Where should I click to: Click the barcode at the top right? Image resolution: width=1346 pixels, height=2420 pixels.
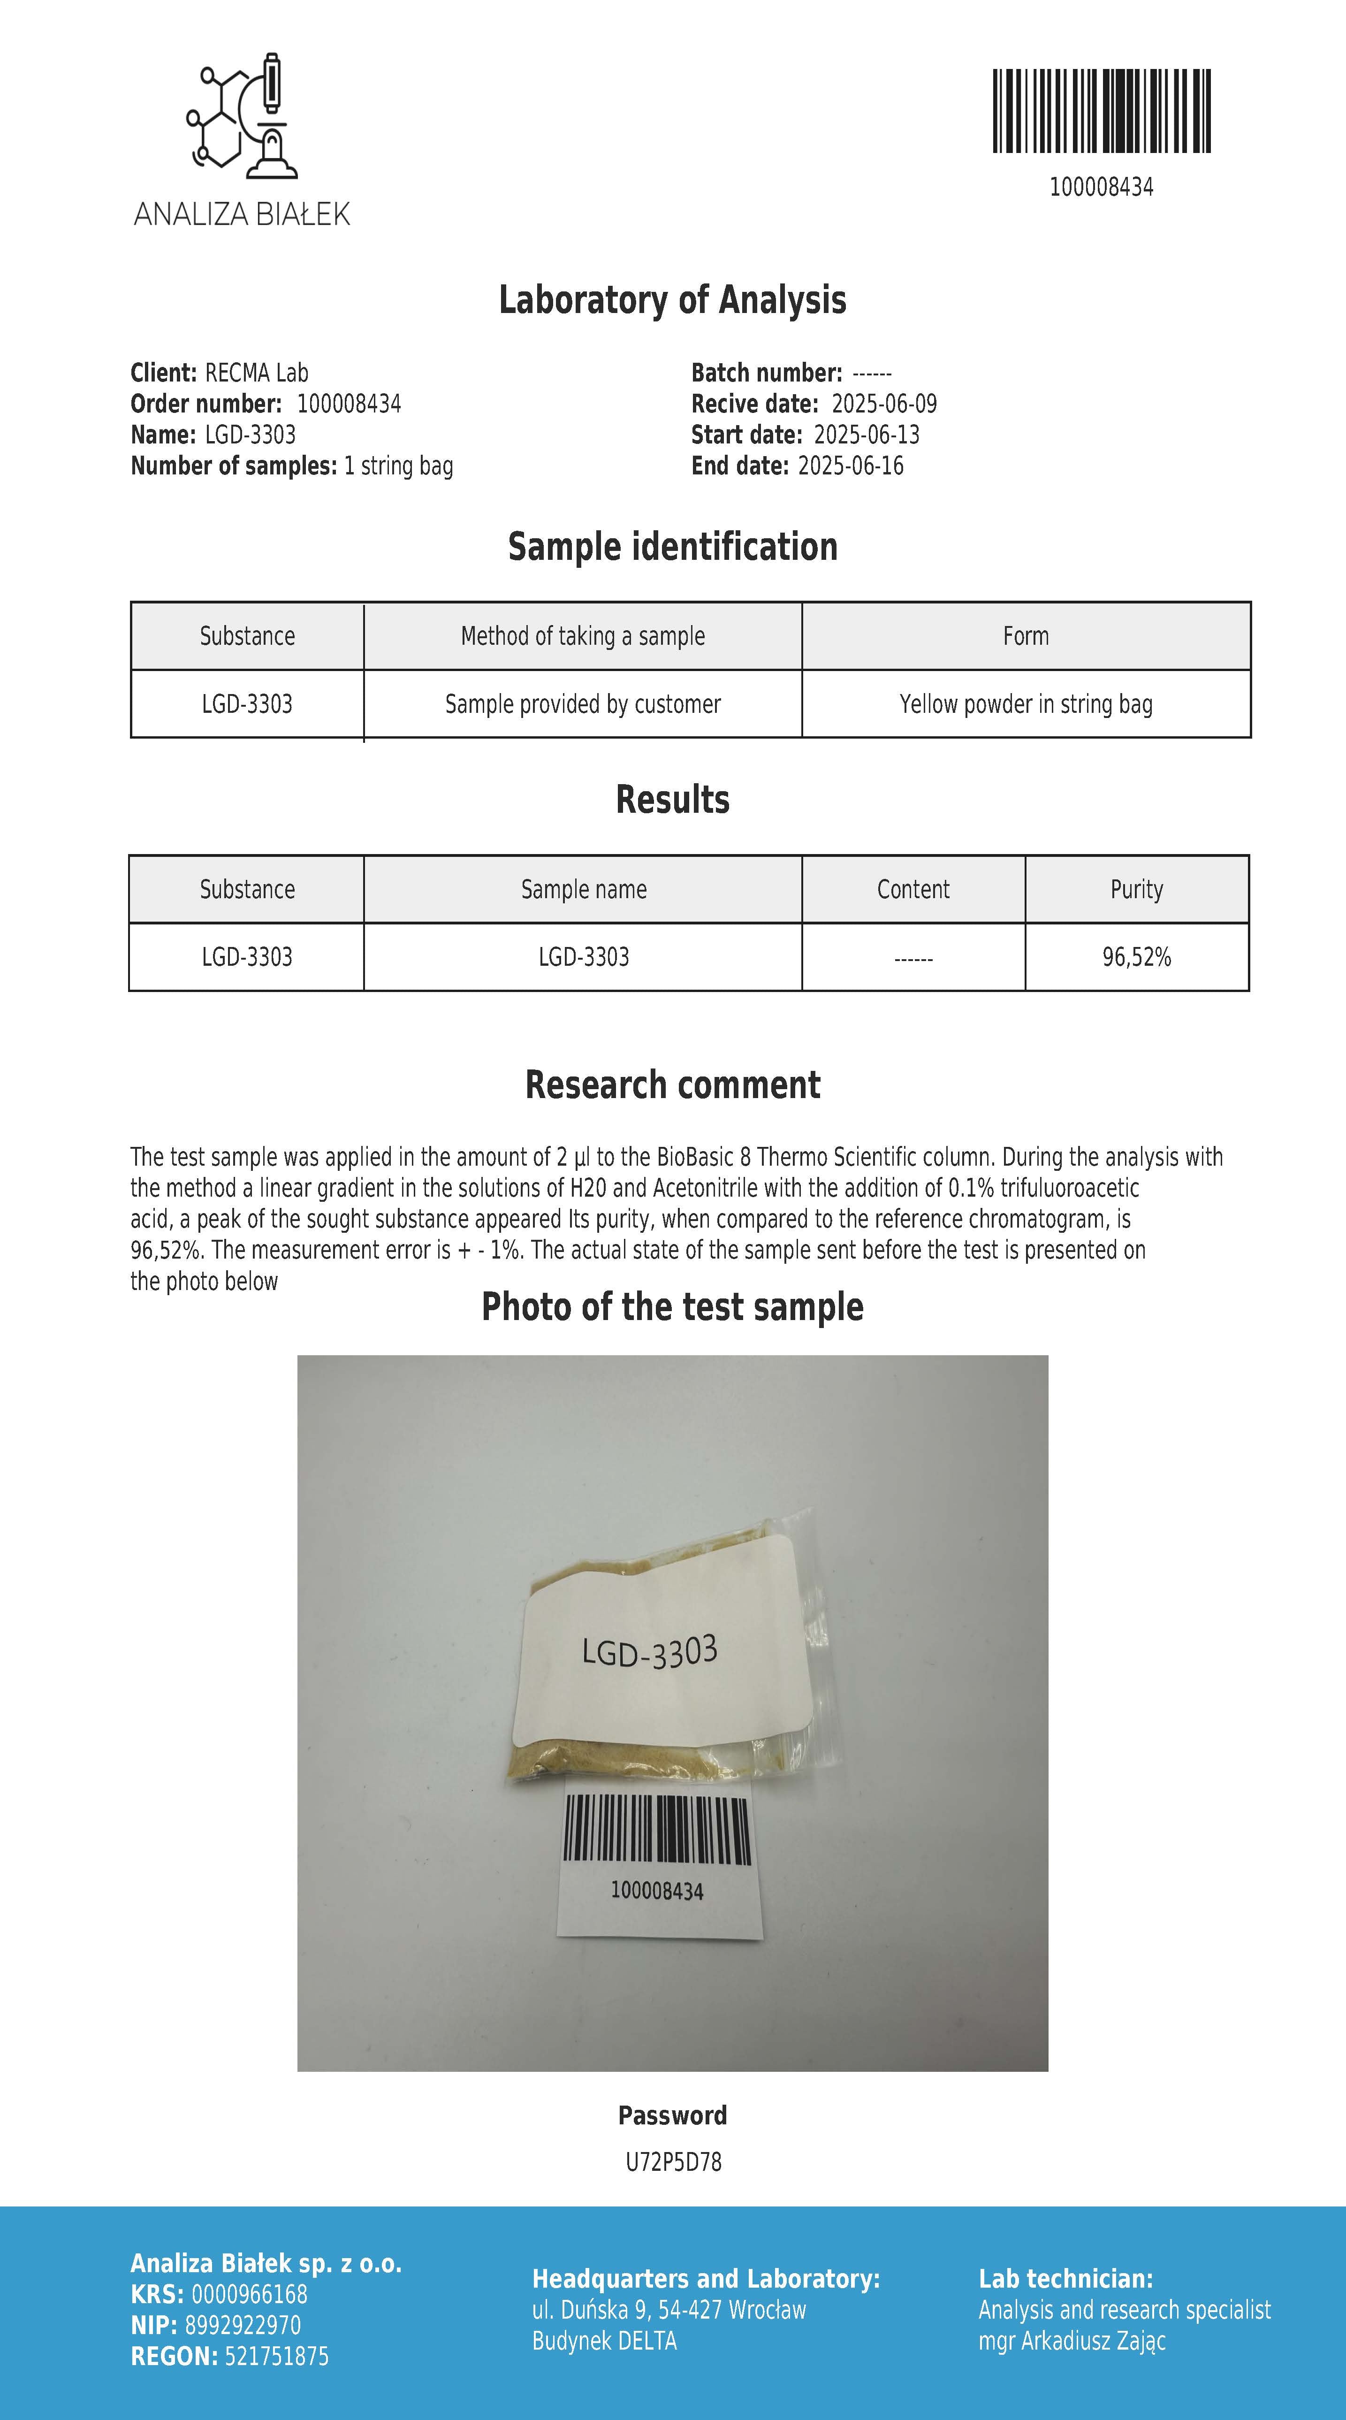click(1101, 111)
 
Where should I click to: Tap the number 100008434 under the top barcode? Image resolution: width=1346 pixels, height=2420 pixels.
click(1101, 187)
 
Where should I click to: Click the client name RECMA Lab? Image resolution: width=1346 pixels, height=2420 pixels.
click(257, 373)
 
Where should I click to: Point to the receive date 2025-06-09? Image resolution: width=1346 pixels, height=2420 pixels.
click(884, 404)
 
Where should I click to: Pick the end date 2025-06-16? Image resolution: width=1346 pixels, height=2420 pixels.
click(850, 466)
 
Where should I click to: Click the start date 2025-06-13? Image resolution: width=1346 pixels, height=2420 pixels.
click(866, 435)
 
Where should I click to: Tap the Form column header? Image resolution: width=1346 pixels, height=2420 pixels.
click(1026, 636)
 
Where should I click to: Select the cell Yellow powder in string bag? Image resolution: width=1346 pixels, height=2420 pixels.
click(1026, 703)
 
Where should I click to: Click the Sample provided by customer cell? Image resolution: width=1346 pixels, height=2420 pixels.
click(582, 703)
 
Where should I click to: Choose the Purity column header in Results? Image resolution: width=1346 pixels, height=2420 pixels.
click(1137, 889)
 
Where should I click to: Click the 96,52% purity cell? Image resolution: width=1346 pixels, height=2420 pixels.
click(1137, 957)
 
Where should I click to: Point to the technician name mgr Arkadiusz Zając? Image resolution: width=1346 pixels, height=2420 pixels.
click(1072, 2341)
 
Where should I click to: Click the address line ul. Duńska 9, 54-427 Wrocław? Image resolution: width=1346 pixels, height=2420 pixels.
click(669, 2310)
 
